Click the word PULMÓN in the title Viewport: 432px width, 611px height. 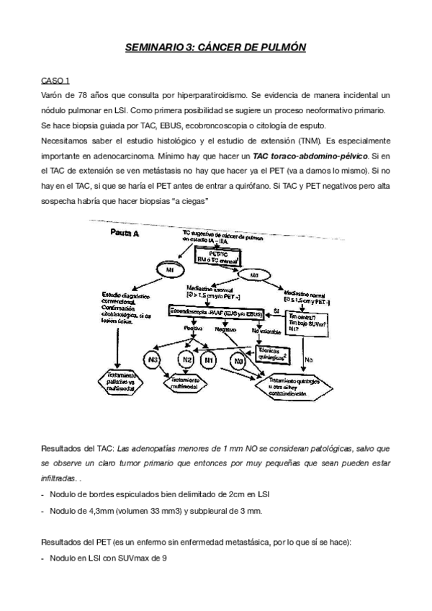(278, 48)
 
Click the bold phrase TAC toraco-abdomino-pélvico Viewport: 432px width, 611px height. (310, 155)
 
